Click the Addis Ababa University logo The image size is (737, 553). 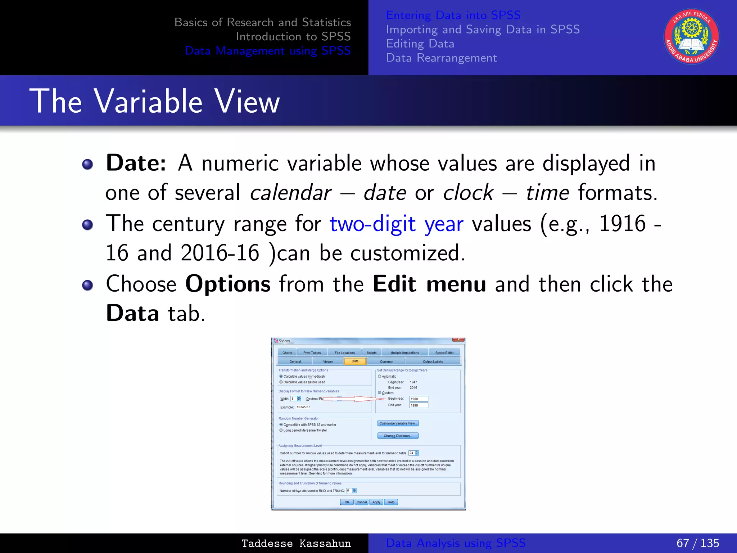(x=691, y=37)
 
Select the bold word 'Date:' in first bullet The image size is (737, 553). (x=136, y=163)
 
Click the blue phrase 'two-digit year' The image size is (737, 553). (x=396, y=224)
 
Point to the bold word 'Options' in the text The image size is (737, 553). (x=228, y=284)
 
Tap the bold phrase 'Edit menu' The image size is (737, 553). (x=429, y=284)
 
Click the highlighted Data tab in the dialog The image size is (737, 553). (x=355, y=361)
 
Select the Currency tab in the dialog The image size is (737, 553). (x=386, y=361)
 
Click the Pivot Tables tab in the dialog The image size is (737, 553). (x=312, y=353)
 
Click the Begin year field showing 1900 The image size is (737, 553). (x=419, y=399)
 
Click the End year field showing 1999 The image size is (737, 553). (x=419, y=405)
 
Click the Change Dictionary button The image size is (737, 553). (x=398, y=436)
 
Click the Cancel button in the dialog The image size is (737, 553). (x=361, y=502)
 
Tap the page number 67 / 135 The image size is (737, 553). (x=697, y=543)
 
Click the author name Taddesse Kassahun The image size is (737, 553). (x=296, y=543)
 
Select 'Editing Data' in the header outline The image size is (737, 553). (x=420, y=44)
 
